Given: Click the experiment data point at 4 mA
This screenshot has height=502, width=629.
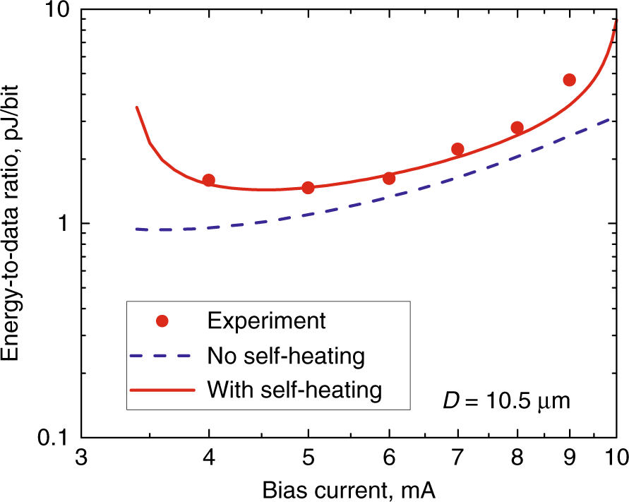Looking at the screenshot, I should (208, 180).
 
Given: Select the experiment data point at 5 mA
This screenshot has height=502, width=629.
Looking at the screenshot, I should (308, 187).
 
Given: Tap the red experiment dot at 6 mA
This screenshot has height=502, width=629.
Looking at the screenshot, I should (389, 178).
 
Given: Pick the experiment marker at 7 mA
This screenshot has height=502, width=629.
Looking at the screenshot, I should (457, 149).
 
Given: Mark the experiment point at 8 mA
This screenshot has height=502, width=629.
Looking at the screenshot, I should (517, 128).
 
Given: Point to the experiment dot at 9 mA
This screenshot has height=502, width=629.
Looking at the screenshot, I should (570, 80).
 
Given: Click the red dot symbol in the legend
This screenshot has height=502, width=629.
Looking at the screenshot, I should (163, 321).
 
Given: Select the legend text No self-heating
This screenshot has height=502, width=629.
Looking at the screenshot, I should (286, 355).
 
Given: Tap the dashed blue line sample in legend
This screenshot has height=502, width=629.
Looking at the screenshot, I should (163, 355).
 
